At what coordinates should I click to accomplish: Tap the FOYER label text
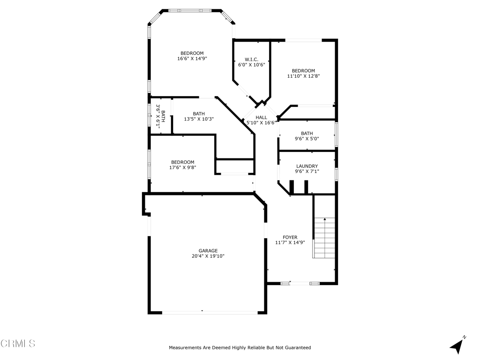[x=290, y=237]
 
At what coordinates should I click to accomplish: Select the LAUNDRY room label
[x=307, y=166]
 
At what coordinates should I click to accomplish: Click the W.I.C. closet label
[x=251, y=60]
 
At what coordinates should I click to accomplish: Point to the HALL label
[x=261, y=117]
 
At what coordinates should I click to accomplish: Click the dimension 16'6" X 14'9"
[x=192, y=59]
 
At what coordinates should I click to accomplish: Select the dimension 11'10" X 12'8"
[x=303, y=76]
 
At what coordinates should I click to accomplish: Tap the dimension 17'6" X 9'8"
[x=182, y=167]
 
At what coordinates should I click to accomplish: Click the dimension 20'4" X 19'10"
[x=208, y=256]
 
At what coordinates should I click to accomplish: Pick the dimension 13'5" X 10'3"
[x=199, y=119]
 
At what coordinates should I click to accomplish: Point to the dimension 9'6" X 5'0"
[x=307, y=139]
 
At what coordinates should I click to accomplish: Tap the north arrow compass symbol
[x=457, y=345]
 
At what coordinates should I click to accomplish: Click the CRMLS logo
[x=18, y=344]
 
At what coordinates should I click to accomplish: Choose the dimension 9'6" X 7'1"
[x=307, y=172]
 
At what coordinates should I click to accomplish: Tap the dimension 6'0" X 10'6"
[x=251, y=65]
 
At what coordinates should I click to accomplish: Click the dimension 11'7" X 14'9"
[x=290, y=243]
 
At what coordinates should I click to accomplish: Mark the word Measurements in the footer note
[x=184, y=348]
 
